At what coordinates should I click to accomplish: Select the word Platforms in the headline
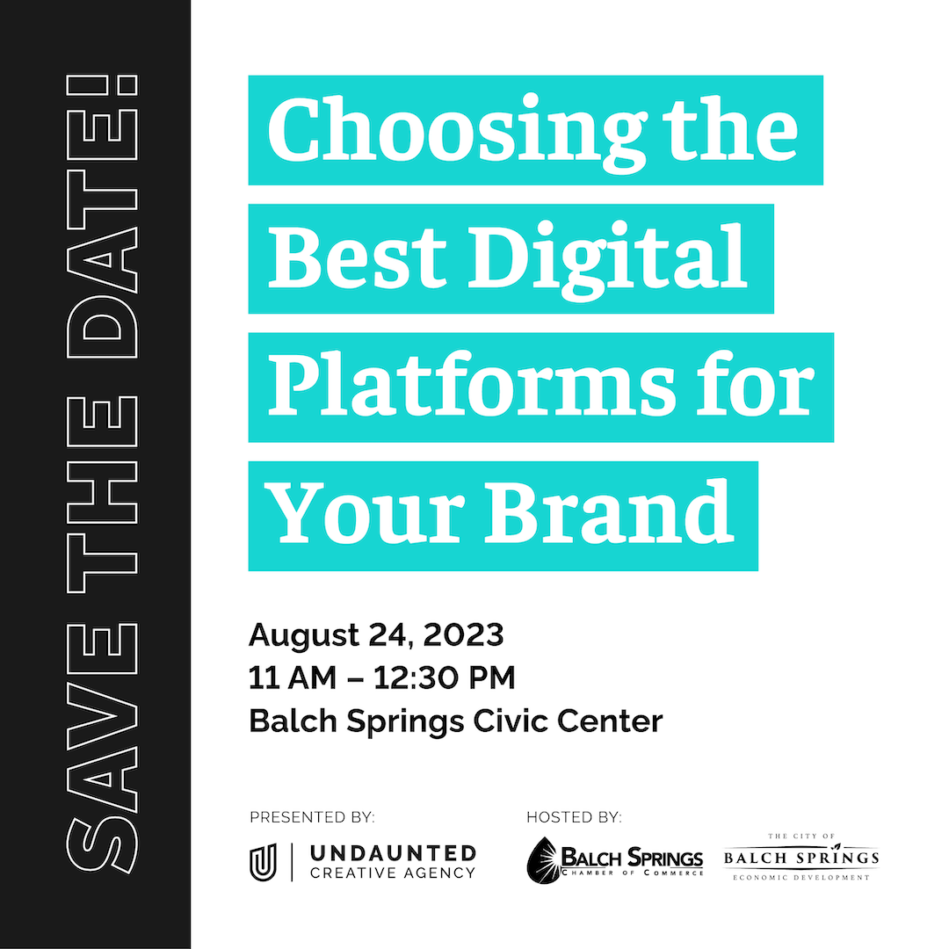(472, 383)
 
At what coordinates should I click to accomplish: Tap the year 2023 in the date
(464, 635)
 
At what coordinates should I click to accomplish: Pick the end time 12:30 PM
(445, 677)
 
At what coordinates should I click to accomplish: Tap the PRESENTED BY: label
(312, 818)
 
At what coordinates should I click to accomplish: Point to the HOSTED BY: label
(575, 818)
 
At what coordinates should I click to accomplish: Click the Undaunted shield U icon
(264, 862)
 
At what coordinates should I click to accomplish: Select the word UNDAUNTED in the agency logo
(394, 853)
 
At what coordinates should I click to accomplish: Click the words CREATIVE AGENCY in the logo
(393, 873)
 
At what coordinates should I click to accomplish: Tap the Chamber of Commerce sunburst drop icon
(544, 860)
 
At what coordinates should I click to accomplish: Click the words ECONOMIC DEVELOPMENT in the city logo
(801, 877)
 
